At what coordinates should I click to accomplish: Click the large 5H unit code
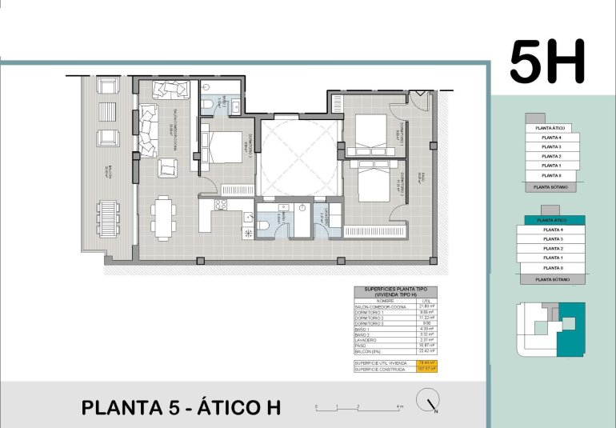pos(548,62)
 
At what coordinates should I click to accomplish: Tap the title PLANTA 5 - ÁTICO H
pos(182,407)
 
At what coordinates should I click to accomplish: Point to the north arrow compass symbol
pos(432,406)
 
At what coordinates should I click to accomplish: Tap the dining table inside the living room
pos(165,218)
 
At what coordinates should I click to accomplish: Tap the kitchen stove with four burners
pos(222,205)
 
